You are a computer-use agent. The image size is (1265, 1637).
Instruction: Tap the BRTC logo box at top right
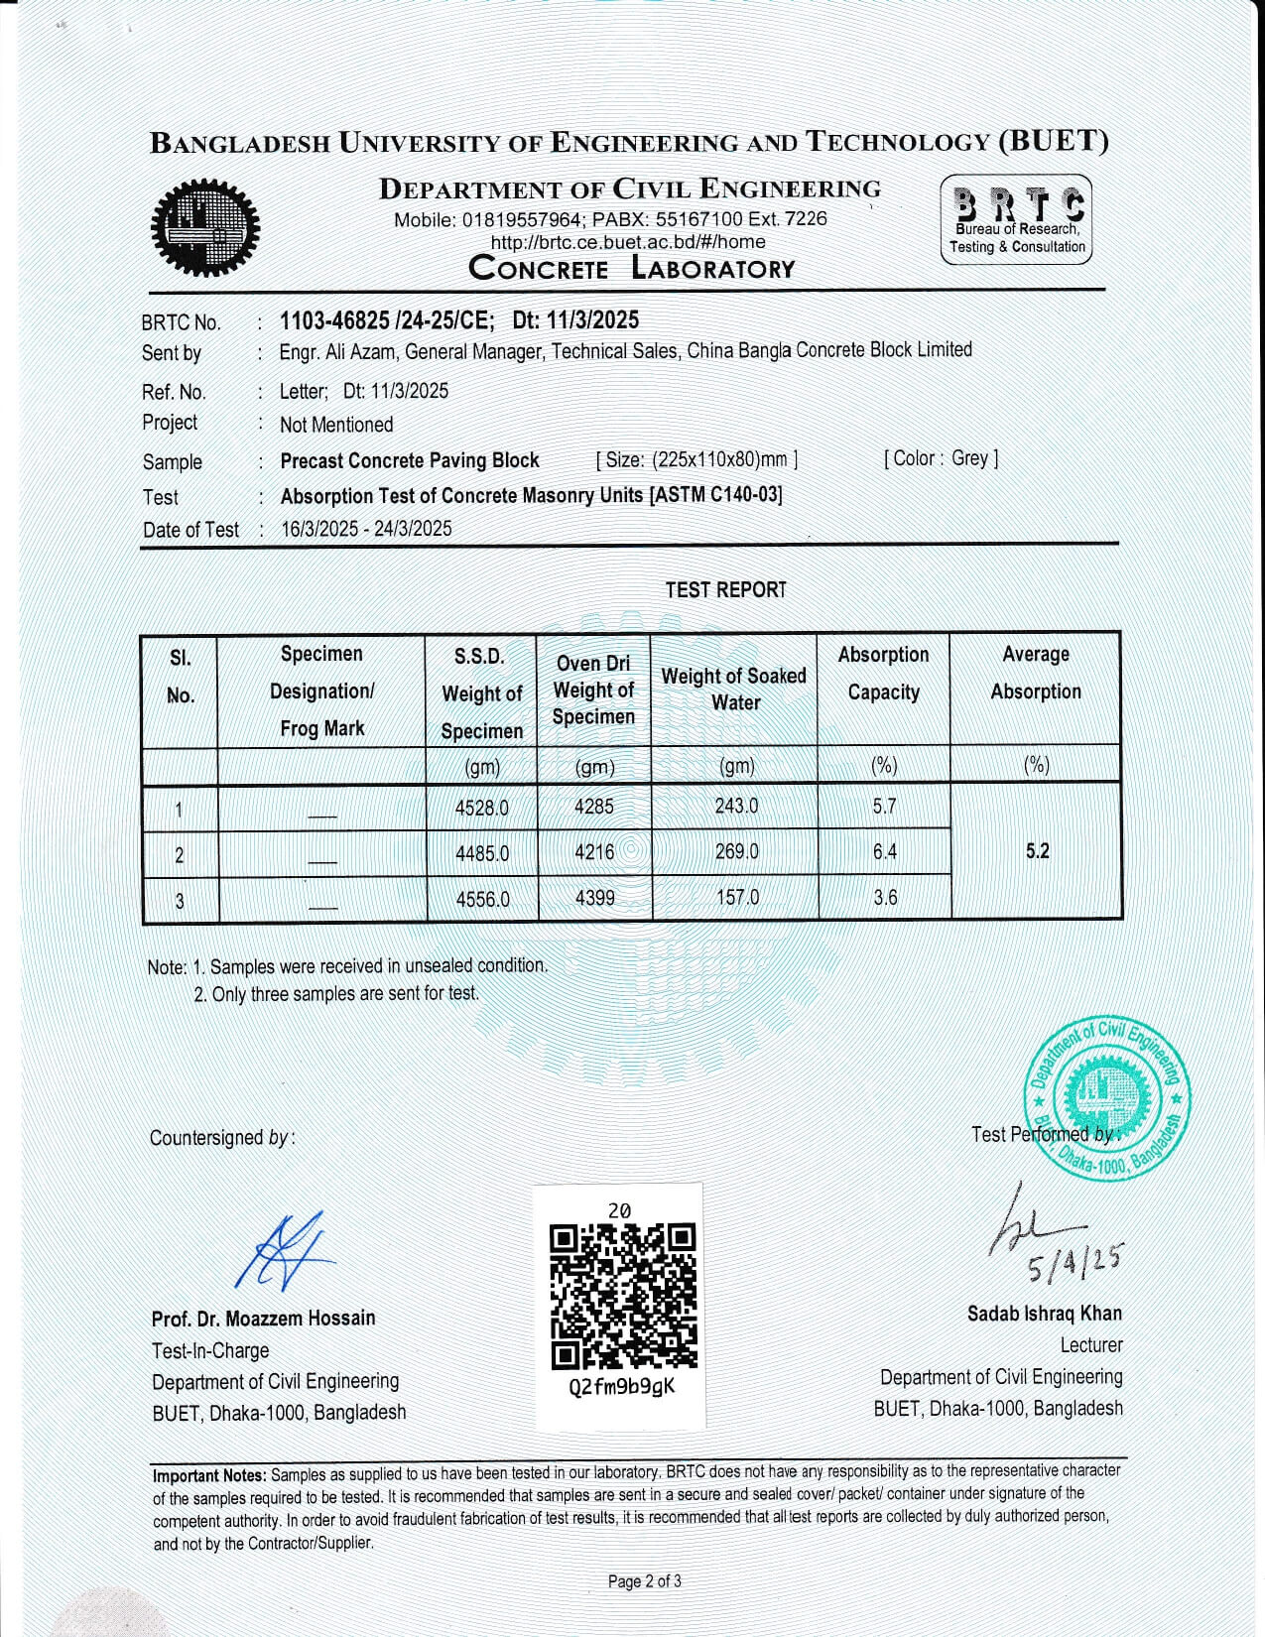[1016, 219]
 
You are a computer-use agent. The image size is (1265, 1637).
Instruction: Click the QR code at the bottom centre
[623, 1296]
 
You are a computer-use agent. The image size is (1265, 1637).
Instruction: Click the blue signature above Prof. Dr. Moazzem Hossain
[285, 1252]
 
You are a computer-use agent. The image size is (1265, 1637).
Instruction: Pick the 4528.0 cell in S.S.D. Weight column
[481, 808]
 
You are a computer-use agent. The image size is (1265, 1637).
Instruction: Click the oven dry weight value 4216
[593, 851]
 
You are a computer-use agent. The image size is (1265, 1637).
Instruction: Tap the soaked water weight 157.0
[736, 898]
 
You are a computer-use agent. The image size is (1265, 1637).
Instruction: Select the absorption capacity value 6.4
[884, 851]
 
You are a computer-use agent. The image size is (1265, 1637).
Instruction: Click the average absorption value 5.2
[1037, 851]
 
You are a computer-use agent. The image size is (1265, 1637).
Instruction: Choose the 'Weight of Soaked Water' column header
[733, 689]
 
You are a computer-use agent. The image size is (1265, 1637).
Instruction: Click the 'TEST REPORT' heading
[725, 590]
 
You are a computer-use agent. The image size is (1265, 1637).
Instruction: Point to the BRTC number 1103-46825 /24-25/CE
[386, 320]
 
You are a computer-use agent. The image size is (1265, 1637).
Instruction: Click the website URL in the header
[628, 242]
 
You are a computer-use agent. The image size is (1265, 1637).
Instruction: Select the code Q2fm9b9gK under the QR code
[621, 1387]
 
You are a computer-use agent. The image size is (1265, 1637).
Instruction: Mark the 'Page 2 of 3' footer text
[644, 1581]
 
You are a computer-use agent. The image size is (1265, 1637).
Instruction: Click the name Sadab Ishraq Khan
[1045, 1314]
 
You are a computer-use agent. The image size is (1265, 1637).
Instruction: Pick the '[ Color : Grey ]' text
[941, 458]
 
